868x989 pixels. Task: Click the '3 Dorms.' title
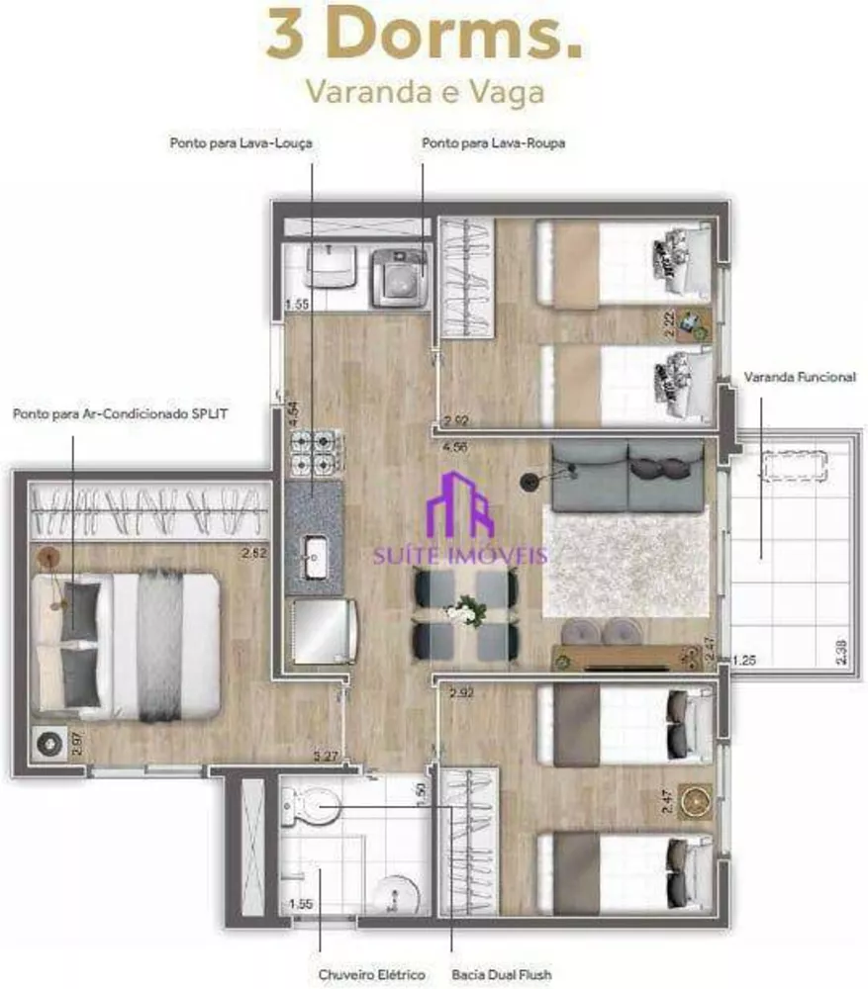click(423, 36)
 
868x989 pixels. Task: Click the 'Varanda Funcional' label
click(799, 378)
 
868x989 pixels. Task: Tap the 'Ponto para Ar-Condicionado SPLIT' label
click(120, 414)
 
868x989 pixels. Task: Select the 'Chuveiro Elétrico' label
click(371, 975)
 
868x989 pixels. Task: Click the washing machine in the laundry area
click(400, 277)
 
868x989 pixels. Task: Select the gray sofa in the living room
click(627, 475)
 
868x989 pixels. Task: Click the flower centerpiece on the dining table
click(461, 611)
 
